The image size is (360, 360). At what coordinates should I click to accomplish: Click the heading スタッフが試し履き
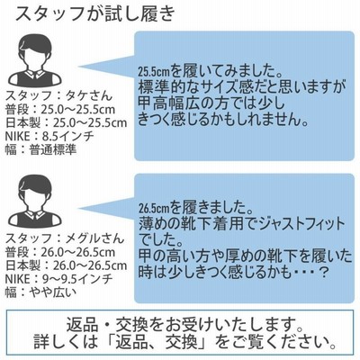(x=94, y=13)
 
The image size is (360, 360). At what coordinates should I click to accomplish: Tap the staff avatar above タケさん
(x=35, y=60)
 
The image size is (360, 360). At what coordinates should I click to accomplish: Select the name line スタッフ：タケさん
(x=58, y=95)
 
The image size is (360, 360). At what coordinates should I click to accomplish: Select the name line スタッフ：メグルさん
(x=65, y=238)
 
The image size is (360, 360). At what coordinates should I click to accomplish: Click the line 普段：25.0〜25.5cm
(x=60, y=110)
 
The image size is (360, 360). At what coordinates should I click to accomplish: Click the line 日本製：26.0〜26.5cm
(x=67, y=265)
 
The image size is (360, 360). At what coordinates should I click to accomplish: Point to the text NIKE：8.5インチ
(x=49, y=137)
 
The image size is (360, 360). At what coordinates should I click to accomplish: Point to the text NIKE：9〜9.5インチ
(x=59, y=279)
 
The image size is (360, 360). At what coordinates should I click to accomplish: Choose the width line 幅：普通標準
(x=40, y=149)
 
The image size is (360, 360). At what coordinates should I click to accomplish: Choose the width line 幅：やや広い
(x=40, y=292)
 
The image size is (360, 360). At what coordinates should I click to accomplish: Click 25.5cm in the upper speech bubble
(x=154, y=72)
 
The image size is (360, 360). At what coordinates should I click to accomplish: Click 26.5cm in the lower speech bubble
(x=154, y=207)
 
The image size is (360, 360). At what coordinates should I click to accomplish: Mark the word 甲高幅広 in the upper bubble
(x=168, y=104)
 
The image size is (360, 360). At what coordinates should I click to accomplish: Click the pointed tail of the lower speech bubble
(x=79, y=208)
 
